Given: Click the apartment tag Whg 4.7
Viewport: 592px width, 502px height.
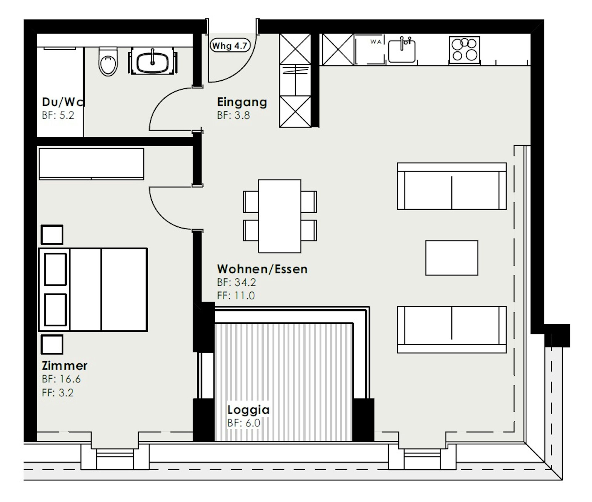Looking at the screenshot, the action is [x=230, y=46].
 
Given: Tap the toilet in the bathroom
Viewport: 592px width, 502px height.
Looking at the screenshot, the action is [x=108, y=62].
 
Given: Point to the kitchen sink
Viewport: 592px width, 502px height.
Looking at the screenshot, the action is [x=401, y=51].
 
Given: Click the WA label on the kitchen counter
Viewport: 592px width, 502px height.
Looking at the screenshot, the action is [x=376, y=42].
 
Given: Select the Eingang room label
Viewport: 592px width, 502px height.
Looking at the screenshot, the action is [x=242, y=102].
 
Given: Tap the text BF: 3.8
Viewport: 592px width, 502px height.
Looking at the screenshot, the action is [x=233, y=115].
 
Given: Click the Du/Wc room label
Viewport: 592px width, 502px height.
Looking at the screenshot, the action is [x=63, y=102].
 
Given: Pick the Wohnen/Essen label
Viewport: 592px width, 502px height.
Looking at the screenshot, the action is [x=262, y=269].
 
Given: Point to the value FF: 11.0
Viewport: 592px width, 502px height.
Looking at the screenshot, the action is [x=236, y=296].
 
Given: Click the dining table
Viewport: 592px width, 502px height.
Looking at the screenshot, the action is [x=280, y=216].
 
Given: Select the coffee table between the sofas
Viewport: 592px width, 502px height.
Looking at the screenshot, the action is [x=452, y=258].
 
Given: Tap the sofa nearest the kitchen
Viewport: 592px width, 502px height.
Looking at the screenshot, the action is [x=452, y=186].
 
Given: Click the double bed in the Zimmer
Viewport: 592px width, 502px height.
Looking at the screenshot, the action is [x=93, y=289].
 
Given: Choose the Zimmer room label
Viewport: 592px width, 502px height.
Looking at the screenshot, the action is [x=64, y=366].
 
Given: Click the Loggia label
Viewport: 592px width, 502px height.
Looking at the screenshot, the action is [x=249, y=410].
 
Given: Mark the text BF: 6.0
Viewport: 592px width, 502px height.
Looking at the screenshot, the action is [x=244, y=423].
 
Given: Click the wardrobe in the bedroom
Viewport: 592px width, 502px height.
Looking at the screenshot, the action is [x=92, y=164].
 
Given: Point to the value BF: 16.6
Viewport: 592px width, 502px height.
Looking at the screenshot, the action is [x=61, y=379].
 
